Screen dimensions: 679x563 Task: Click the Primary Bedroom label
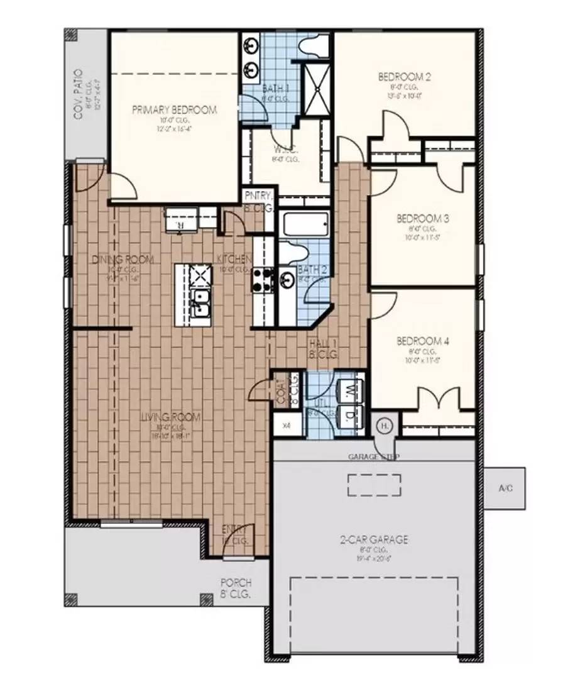coord(174,110)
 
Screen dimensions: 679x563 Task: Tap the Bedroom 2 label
coord(404,77)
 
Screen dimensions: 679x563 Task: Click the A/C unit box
coord(506,488)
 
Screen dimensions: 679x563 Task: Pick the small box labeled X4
coord(287,426)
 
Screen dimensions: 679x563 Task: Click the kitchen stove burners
coord(263,279)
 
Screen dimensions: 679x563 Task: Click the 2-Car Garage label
coord(375,539)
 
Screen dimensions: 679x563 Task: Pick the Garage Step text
coord(373,456)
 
